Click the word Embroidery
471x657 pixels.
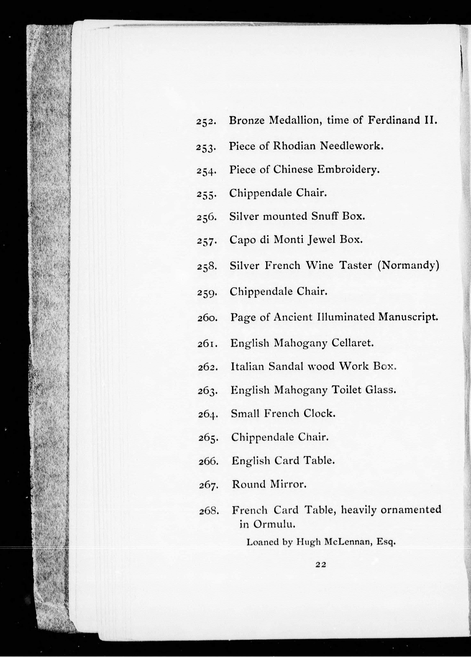point(348,169)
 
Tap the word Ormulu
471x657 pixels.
point(274,524)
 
